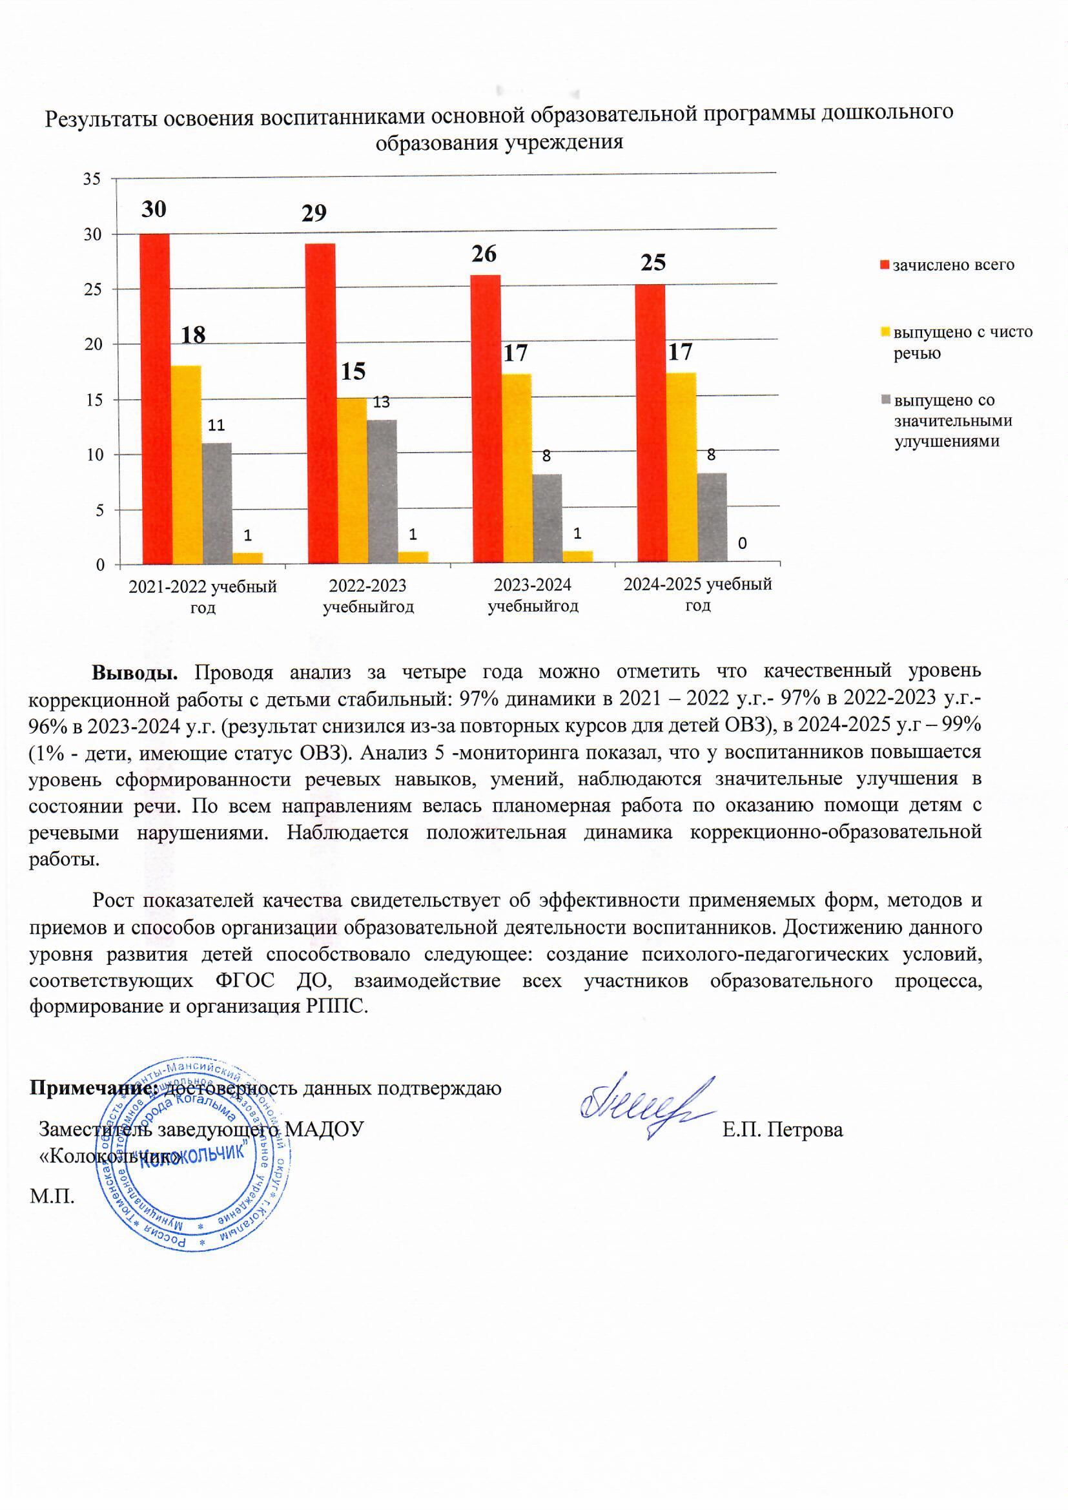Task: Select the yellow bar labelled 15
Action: [353, 480]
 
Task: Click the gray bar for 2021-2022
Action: [217, 503]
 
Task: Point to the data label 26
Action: [484, 254]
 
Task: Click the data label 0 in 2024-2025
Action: [742, 543]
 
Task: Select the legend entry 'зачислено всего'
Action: [953, 265]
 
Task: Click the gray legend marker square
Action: [886, 400]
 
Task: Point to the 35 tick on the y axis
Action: [92, 179]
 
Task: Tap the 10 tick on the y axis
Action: [92, 455]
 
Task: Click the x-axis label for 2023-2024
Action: [533, 595]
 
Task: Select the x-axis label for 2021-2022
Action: [203, 596]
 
